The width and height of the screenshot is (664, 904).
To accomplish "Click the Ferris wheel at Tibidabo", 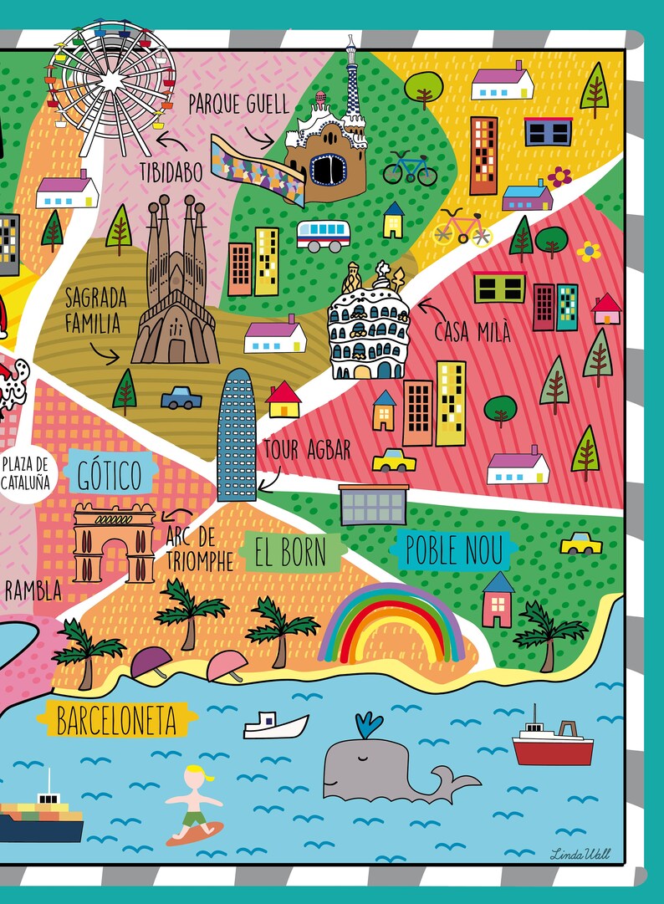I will coord(111,79).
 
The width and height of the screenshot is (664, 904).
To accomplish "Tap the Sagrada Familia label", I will coord(96,310).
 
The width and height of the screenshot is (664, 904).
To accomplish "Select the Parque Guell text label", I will coord(238,105).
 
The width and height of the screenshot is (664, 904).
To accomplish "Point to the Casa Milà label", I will coord(472,331).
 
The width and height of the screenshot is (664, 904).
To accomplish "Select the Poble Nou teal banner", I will coord(454,550).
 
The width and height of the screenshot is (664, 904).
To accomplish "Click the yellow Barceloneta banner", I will coord(116,719).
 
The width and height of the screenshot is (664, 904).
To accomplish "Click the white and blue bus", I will coord(323,235).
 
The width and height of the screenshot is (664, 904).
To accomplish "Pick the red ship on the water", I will coord(552,743).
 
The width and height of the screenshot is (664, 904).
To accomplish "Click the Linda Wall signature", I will coord(580,854).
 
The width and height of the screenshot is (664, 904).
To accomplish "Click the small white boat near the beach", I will coord(275,725).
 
